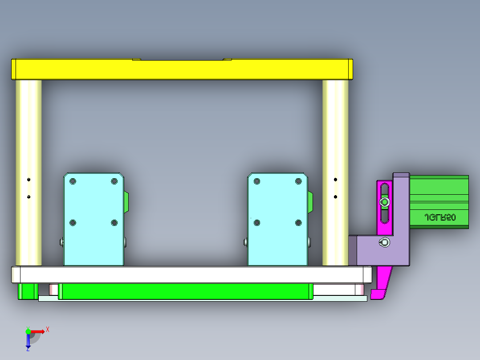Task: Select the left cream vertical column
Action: click(x=28, y=134)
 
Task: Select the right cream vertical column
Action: click(x=335, y=134)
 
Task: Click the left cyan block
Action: click(x=94, y=241)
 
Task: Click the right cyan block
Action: click(x=277, y=241)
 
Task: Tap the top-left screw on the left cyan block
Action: click(x=73, y=181)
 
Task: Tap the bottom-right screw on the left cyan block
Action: click(x=114, y=223)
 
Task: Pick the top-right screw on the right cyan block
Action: click(x=298, y=181)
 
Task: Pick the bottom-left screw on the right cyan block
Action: click(x=257, y=223)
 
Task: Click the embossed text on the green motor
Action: click(x=439, y=218)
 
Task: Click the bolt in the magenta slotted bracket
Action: click(x=384, y=203)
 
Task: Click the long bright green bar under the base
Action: click(x=185, y=291)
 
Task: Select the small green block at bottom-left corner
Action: click(x=27, y=291)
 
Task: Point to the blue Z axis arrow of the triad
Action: click(x=28, y=342)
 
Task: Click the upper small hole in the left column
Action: click(x=28, y=180)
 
